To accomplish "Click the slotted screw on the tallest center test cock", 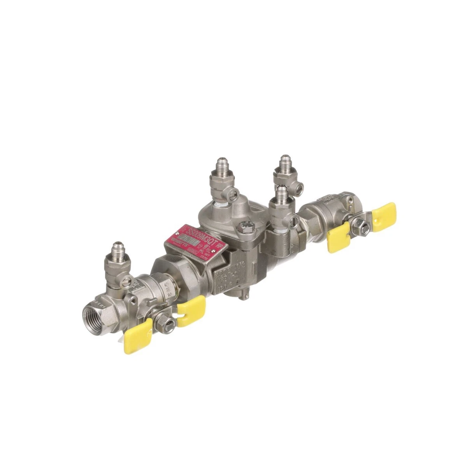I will pyautogui.click(x=234, y=190).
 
